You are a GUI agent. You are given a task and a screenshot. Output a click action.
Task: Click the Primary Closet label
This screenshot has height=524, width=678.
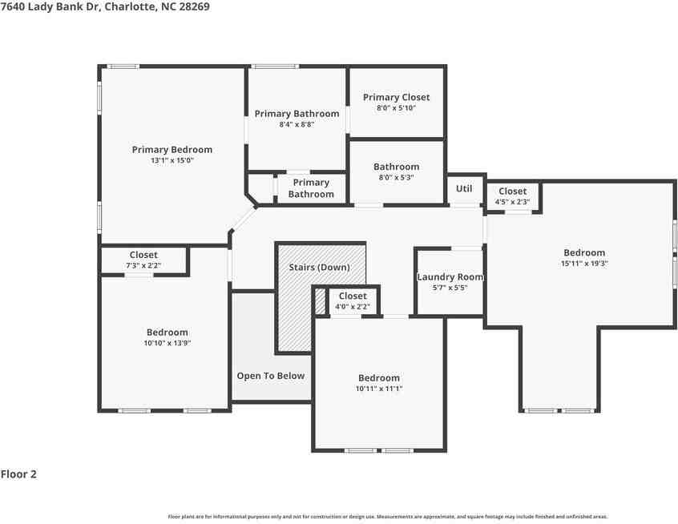pos(396,97)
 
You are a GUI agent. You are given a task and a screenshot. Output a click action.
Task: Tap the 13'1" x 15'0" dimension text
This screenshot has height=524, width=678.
pos(172,160)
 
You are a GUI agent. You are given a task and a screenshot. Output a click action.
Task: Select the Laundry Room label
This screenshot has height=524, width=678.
pos(450,277)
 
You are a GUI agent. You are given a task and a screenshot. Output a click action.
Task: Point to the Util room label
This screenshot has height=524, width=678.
pos(464,188)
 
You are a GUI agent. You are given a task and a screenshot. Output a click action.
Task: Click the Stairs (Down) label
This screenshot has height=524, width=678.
pos(319,267)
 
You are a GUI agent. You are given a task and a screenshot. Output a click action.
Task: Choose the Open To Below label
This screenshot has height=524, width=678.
pos(271,376)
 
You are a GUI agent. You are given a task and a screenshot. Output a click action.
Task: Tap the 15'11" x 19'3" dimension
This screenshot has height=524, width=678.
pos(584,264)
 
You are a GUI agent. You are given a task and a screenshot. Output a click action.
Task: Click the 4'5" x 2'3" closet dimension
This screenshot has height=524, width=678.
pos(512,202)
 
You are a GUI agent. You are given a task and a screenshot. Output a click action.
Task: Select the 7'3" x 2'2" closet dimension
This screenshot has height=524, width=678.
pos(143,265)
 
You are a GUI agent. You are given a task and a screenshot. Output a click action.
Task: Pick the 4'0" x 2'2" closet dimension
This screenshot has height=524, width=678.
pos(353,307)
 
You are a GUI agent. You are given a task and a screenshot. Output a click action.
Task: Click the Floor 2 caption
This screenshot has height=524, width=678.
pos(18,474)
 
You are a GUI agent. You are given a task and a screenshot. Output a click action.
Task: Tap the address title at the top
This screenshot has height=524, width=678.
pos(105,6)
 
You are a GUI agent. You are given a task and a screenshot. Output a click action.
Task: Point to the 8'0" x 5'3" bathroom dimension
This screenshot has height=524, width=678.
pos(396,177)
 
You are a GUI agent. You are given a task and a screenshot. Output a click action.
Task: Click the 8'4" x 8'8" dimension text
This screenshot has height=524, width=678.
pos(297,124)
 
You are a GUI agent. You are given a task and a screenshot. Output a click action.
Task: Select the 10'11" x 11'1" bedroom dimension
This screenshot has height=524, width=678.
pos(379,389)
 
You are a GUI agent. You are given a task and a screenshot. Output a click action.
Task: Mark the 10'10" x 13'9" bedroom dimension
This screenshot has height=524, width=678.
pos(167,343)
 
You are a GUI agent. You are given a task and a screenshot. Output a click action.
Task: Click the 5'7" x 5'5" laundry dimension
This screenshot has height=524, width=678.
pos(450,288)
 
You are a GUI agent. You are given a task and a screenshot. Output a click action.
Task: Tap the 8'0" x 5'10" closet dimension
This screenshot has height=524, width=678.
pos(396,108)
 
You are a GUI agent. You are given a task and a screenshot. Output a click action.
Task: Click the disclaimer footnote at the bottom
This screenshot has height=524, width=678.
pos(388,517)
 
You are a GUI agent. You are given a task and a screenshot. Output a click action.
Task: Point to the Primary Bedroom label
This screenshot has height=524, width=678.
pos(172,150)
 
